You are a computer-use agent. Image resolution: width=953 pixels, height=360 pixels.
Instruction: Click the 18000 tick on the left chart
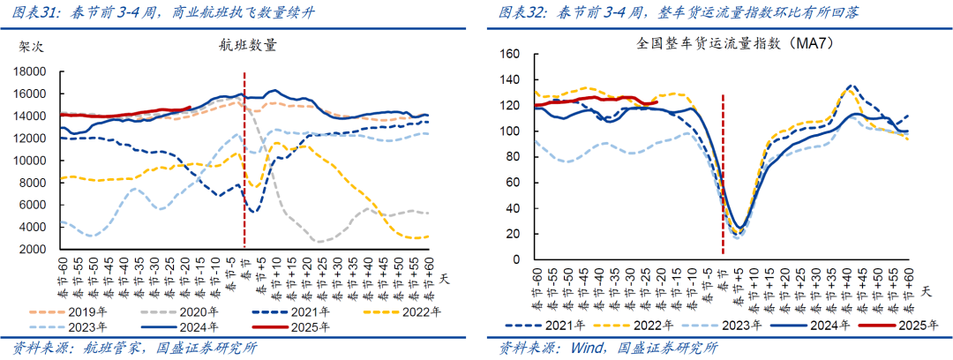(x=33, y=71)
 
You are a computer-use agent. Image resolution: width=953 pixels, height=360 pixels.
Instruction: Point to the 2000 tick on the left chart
(x=35, y=250)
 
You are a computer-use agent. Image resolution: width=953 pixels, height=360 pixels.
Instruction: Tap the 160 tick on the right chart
(x=508, y=54)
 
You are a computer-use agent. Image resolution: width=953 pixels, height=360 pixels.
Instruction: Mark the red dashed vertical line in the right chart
(x=723, y=176)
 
